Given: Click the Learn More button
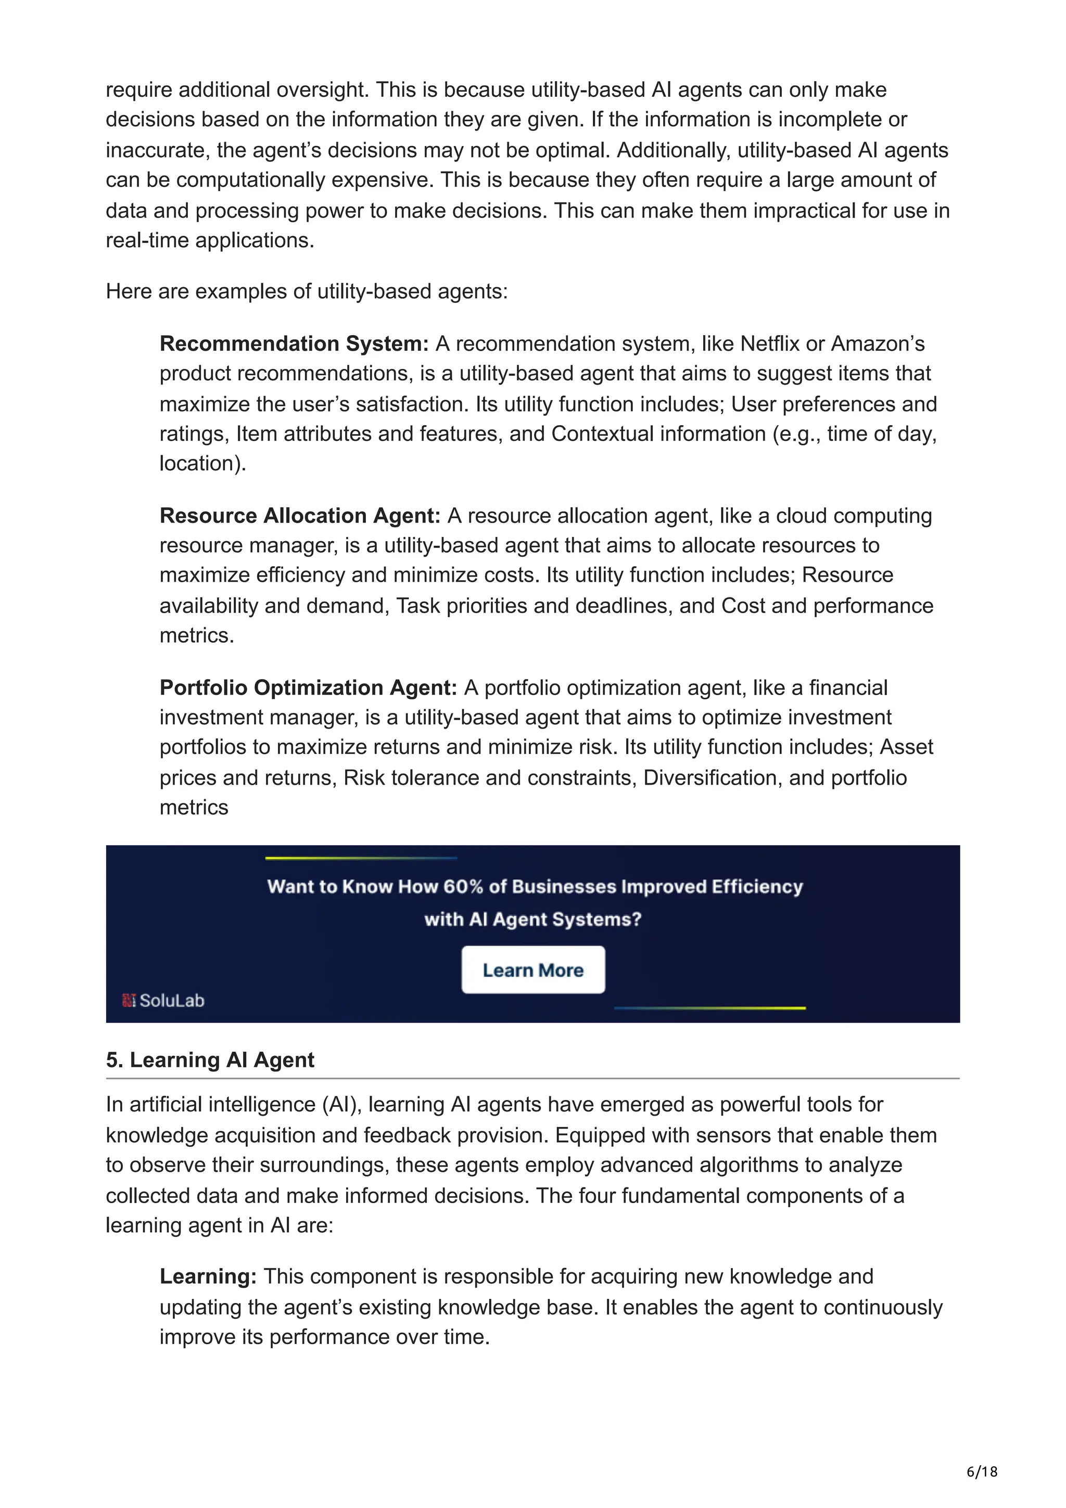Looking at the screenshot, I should tap(532, 969).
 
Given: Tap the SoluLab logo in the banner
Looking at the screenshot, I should tap(163, 1000).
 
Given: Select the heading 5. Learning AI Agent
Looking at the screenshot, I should tap(210, 1059).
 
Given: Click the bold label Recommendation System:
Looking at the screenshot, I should tap(294, 343).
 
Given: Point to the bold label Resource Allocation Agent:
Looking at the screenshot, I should tap(299, 516).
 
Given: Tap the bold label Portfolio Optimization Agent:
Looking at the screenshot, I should tap(308, 688).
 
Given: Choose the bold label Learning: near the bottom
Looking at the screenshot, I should tap(208, 1276).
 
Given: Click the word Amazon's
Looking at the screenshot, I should tap(878, 343).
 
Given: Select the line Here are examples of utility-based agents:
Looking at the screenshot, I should tap(307, 291).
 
